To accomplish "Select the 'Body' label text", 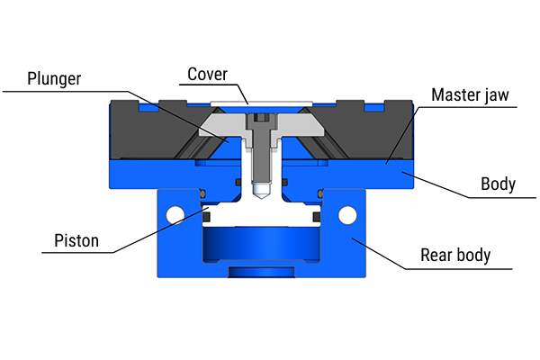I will (498, 184).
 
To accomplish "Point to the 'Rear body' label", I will (455, 255).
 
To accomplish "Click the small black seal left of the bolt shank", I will (238, 183).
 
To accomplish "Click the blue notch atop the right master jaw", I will (374, 105).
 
